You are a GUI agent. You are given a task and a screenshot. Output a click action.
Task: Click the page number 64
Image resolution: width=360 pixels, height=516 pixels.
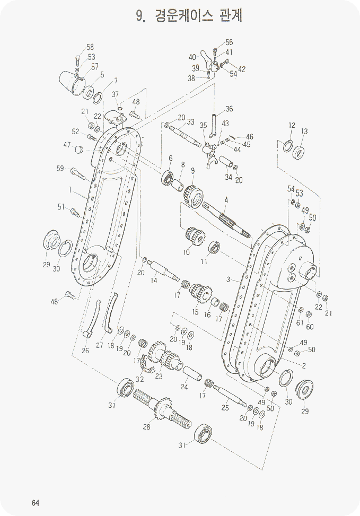[36, 503]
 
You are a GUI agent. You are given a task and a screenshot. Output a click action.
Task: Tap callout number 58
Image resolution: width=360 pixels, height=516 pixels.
[90, 47]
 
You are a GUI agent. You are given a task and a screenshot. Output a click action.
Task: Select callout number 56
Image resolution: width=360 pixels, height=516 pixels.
[229, 42]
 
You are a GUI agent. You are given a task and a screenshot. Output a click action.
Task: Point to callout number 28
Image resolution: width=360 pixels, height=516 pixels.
[147, 426]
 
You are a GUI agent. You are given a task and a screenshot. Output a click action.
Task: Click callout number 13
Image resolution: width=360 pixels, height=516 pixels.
[304, 132]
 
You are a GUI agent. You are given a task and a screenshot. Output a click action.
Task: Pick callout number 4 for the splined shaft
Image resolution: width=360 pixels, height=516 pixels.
[226, 200]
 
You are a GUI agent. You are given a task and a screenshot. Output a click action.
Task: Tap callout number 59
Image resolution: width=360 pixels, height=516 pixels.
[60, 169]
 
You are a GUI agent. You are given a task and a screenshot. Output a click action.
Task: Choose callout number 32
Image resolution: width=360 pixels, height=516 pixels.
[140, 379]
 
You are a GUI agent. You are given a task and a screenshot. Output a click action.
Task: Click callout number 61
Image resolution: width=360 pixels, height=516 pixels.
[300, 322]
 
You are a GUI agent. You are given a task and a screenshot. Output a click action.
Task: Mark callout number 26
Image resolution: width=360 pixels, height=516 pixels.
[85, 351]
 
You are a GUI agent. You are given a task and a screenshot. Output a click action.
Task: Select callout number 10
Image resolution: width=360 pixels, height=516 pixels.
[187, 252]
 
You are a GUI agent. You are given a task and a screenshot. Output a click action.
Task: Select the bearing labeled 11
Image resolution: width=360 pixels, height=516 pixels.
[214, 247]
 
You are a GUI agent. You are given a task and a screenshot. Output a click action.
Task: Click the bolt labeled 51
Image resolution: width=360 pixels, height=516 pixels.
[75, 212]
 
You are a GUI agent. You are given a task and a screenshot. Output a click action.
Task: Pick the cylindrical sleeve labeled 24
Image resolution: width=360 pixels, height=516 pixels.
[192, 373]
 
